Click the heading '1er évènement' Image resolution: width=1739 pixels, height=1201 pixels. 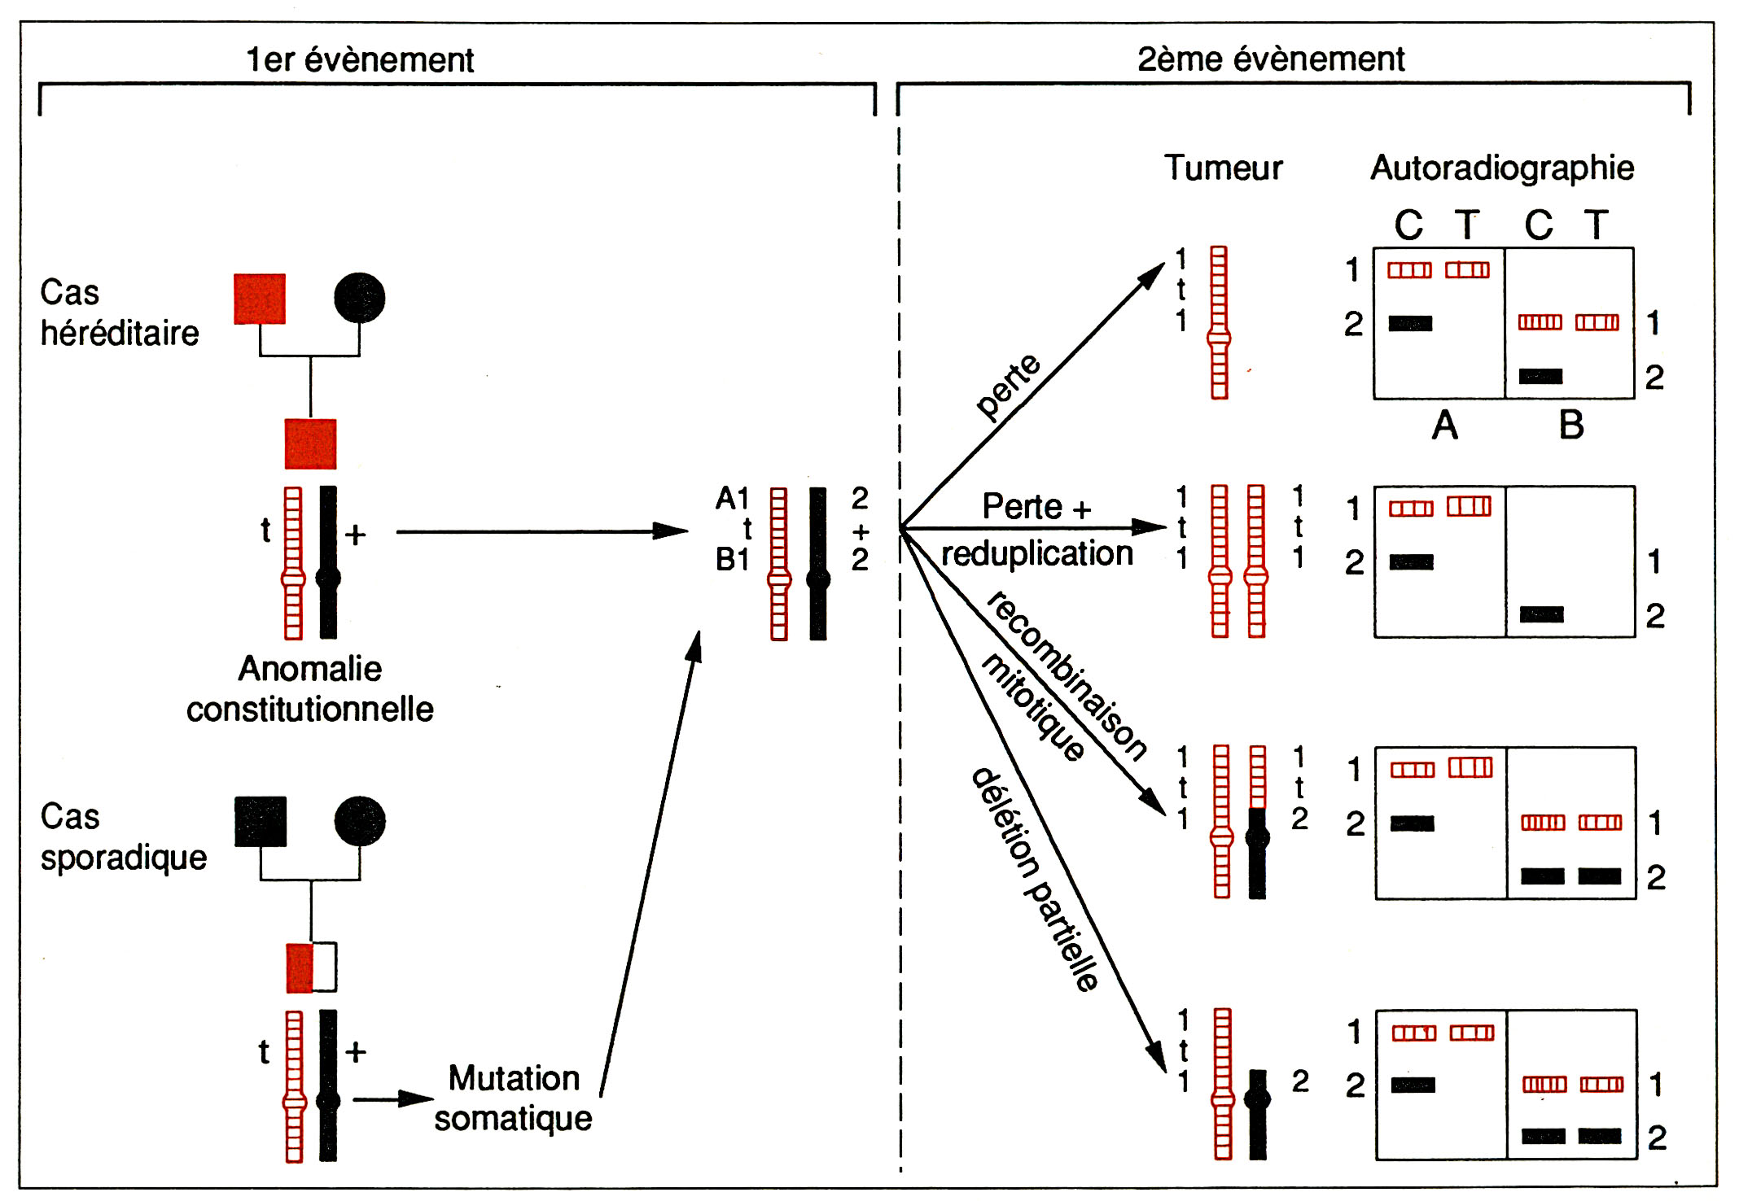pos(359,59)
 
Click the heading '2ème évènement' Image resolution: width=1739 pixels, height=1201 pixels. pos(1270,59)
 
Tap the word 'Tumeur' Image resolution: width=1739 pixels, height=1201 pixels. pos(1223,168)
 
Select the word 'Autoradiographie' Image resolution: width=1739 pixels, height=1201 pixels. pos(1502,168)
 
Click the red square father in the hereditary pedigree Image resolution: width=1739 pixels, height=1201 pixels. pos(260,299)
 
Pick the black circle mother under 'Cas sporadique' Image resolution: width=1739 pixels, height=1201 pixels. pos(359,821)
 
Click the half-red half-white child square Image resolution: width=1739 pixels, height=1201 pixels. pos(311,967)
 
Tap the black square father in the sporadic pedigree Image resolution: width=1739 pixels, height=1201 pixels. pos(261,821)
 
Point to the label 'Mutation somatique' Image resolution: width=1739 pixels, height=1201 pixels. pos(513,1098)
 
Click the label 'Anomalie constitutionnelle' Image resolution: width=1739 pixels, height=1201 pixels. pos(310,689)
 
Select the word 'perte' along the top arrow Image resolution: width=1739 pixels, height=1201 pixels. pos(1008,387)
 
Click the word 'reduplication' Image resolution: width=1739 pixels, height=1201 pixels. pos(1036,554)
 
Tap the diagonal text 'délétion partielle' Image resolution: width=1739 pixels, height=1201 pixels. pos(1036,878)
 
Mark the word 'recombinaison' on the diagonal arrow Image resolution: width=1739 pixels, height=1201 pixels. pos(1067,675)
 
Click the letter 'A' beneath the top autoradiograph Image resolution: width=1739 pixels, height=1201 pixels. pos(1444,425)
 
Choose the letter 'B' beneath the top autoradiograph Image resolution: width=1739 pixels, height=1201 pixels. pos(1571,425)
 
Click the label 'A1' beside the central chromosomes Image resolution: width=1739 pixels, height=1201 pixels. pos(732,498)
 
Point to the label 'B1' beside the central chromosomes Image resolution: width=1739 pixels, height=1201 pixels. pos(732,560)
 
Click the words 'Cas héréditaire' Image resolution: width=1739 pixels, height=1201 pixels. pos(119,312)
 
